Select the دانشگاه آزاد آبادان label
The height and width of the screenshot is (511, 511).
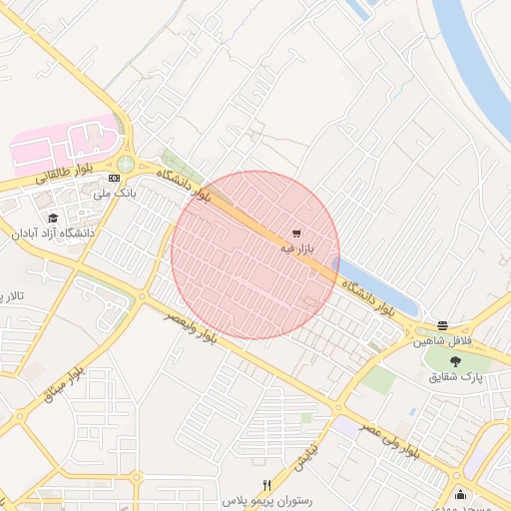point(54,233)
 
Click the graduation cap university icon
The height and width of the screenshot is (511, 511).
point(52,217)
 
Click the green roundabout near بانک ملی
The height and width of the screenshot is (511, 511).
point(126,164)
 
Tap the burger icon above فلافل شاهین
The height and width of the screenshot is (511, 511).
point(442,325)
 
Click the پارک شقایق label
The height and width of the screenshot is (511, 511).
point(456,377)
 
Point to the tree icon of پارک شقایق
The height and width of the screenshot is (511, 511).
point(456,362)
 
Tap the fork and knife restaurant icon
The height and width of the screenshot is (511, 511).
point(266,484)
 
